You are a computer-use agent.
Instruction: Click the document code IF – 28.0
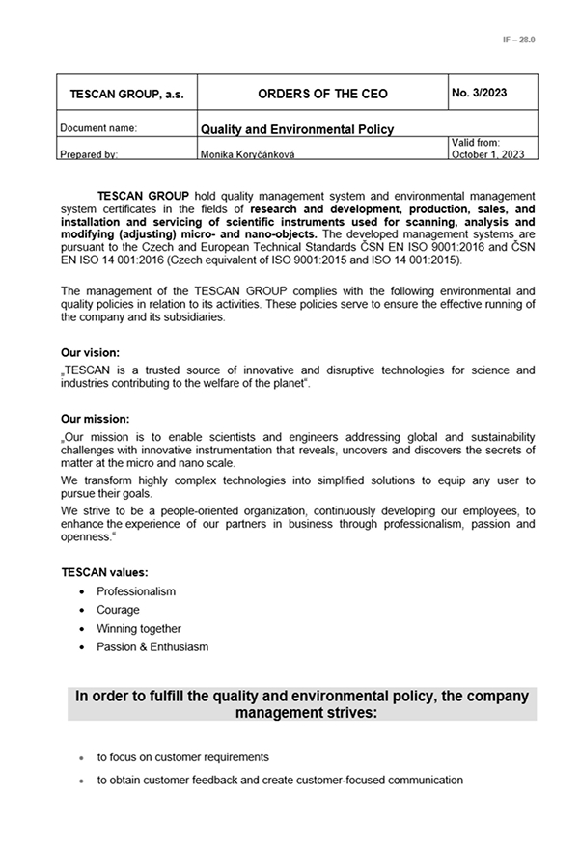[518, 40]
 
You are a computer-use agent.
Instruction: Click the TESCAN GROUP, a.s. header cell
[126, 95]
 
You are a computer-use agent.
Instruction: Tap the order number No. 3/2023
[479, 93]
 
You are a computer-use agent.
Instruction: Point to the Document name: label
[98, 128]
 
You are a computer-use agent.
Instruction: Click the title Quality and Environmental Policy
[296, 129]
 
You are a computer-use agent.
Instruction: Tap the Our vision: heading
[92, 352]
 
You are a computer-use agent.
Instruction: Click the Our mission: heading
[95, 419]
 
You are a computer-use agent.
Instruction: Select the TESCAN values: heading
[104, 572]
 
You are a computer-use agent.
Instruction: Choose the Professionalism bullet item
[136, 591]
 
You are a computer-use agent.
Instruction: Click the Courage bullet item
[118, 610]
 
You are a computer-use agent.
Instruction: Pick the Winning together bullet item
[138, 628]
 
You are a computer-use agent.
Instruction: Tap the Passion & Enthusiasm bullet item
[152, 646]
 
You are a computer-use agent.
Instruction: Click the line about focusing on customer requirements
[182, 757]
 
